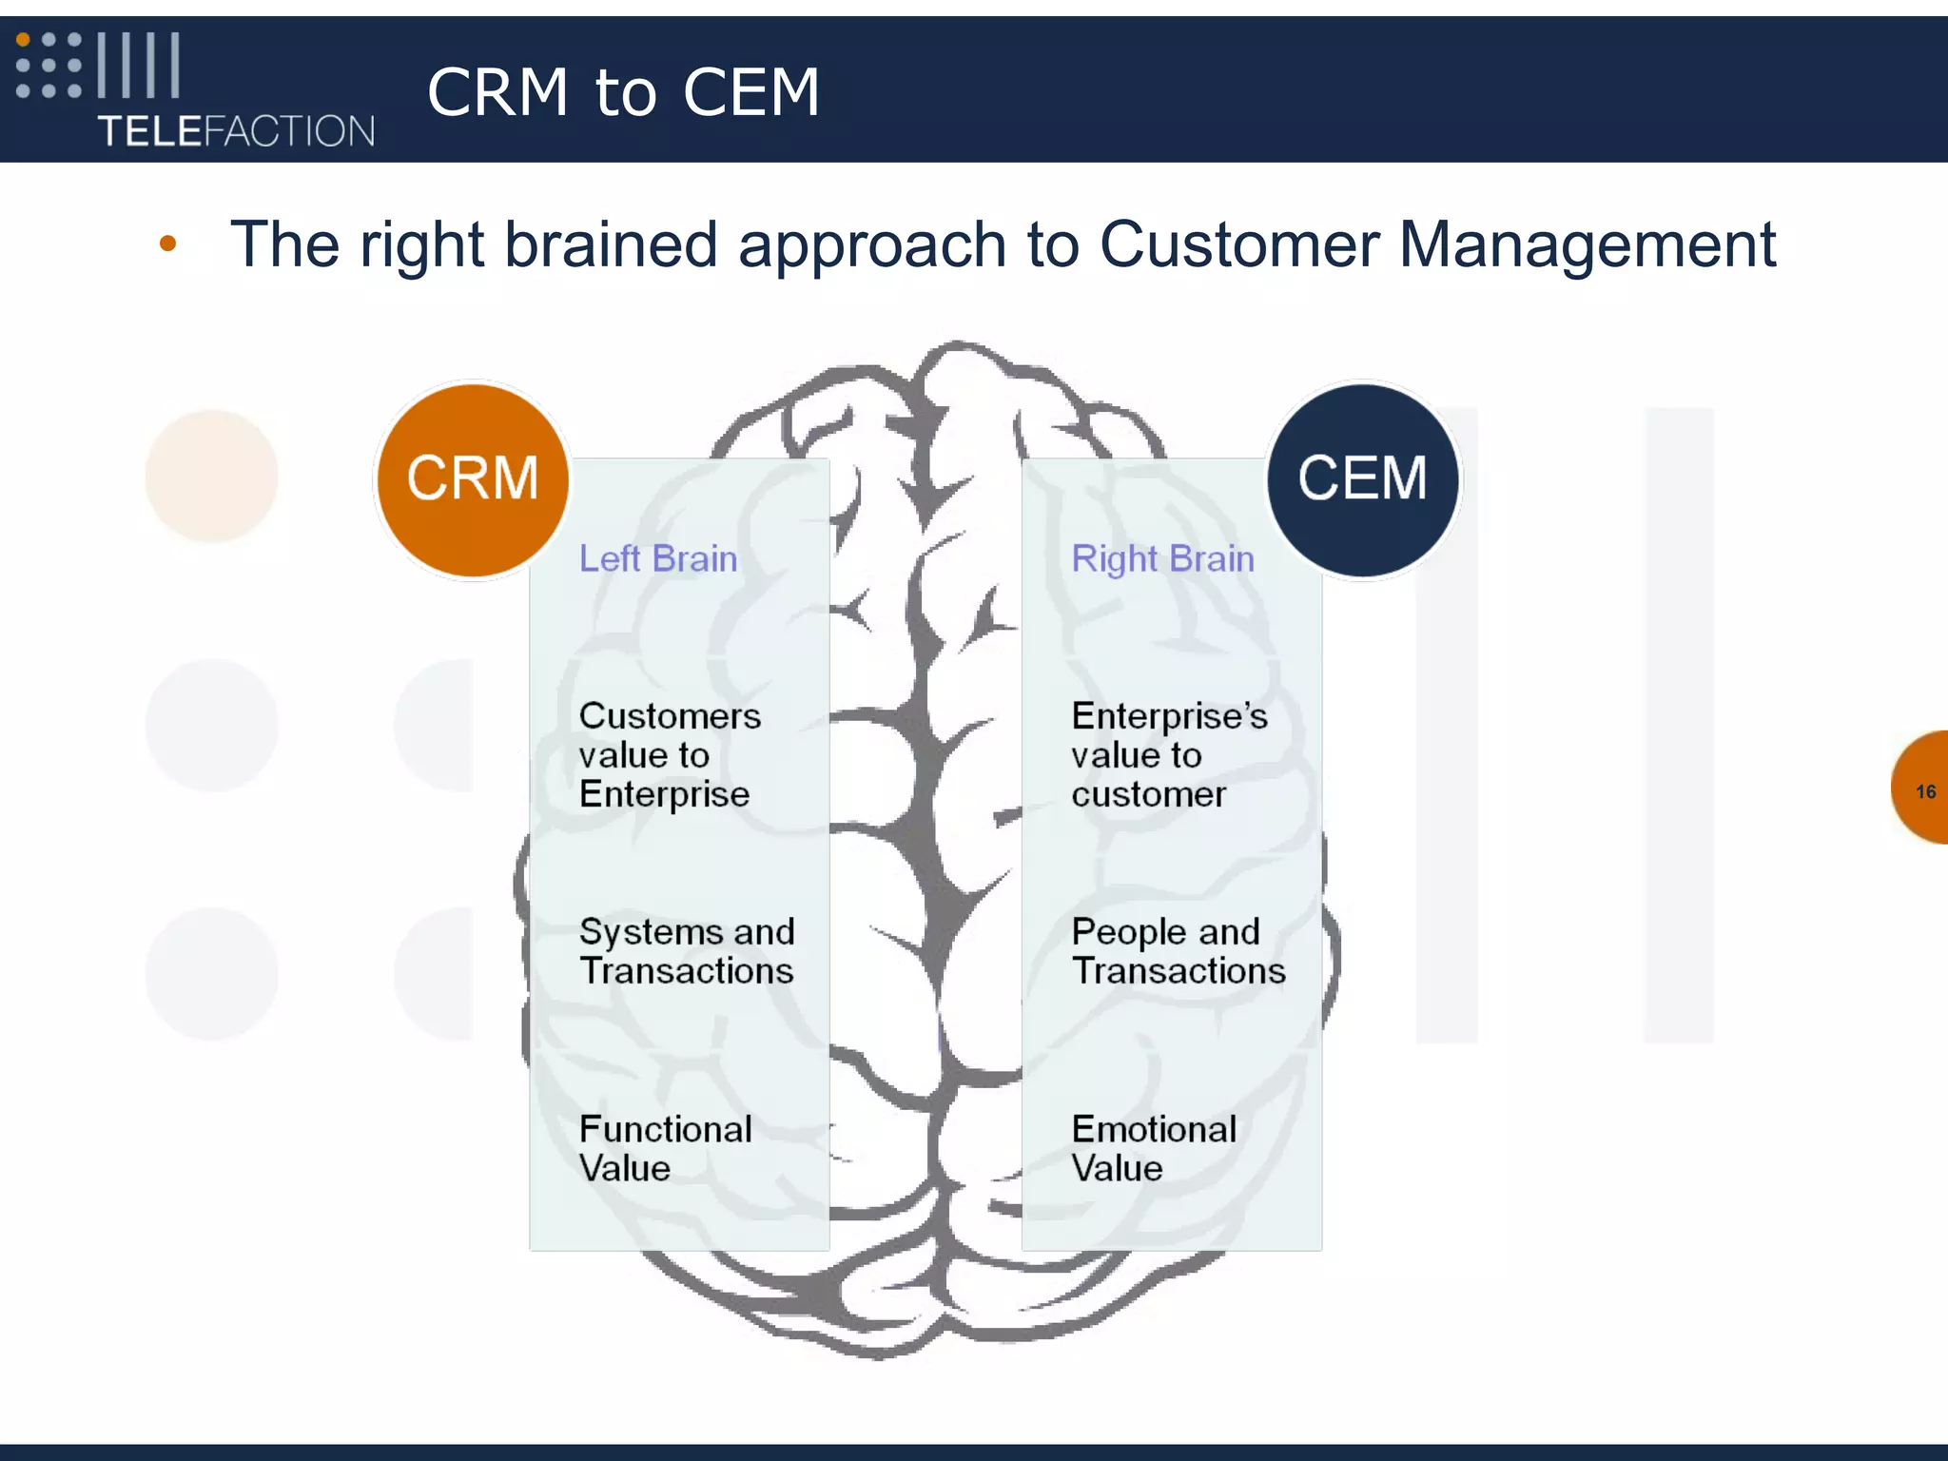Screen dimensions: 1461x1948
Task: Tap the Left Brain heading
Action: coord(658,558)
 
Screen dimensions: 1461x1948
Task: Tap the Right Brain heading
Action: coord(1162,558)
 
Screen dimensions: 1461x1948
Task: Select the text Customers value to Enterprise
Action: coord(670,754)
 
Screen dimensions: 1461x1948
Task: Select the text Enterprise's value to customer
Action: coord(1168,754)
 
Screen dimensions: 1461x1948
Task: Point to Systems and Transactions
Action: coord(687,950)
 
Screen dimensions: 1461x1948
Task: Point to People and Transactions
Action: coord(1178,950)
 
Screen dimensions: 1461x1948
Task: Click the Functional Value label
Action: coord(665,1148)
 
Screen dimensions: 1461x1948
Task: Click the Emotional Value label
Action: coord(1153,1148)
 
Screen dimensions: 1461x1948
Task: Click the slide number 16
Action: coord(1925,791)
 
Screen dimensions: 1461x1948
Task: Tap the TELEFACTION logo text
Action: coord(236,131)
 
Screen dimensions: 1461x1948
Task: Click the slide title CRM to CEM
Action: coord(623,92)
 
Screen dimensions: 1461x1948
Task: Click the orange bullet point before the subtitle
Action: coord(168,243)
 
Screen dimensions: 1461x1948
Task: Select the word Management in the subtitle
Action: coord(1587,245)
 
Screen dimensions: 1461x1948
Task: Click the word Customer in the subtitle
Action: coord(1238,245)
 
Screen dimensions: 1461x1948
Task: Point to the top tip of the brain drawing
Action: coord(956,344)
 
